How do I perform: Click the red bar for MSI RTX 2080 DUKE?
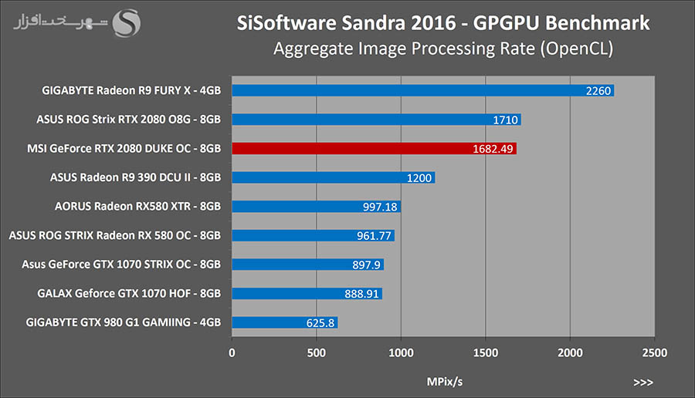[x=374, y=149]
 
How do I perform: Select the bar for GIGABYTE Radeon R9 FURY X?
[x=422, y=91]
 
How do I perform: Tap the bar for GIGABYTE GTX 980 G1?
[x=284, y=322]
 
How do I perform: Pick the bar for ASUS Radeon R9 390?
[x=333, y=177]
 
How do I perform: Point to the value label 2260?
[x=598, y=91]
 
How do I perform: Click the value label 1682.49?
[x=494, y=149]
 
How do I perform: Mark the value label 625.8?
[x=320, y=322]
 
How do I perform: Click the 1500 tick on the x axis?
[x=485, y=352]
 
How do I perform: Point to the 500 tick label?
[x=317, y=352]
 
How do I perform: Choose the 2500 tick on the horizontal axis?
[x=654, y=352]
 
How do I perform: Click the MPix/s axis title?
[x=445, y=381]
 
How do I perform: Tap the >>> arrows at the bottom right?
[x=642, y=381]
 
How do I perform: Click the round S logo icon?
[x=127, y=23]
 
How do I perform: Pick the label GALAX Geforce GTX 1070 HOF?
[x=129, y=294]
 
